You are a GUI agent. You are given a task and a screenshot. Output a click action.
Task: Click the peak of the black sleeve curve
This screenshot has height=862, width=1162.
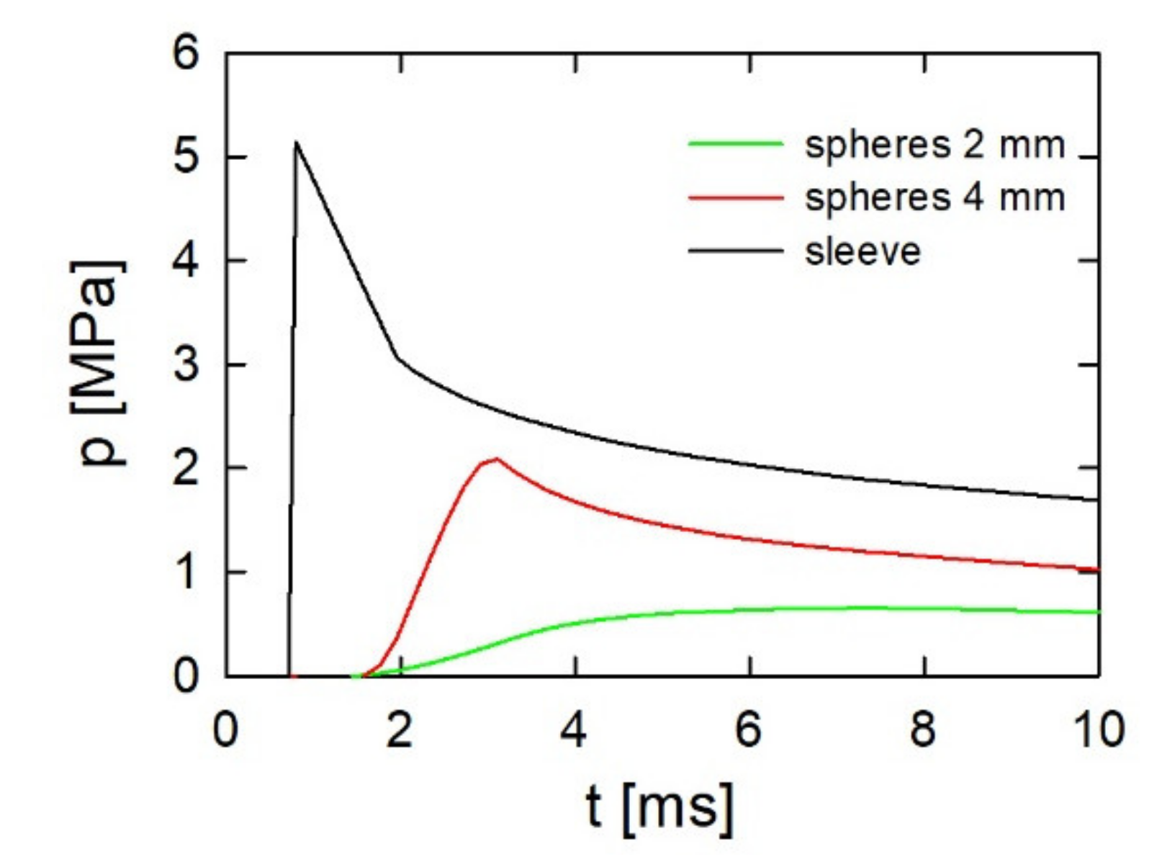[x=296, y=143]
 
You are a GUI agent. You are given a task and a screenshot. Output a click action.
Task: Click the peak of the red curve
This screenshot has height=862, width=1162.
[x=496, y=459]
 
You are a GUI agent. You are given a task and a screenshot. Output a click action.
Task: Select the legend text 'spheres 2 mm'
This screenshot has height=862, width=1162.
[x=934, y=145]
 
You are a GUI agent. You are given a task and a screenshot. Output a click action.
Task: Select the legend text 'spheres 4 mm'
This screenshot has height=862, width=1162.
[x=934, y=197]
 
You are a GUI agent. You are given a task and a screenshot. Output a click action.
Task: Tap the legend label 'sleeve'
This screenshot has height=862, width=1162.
[x=863, y=251]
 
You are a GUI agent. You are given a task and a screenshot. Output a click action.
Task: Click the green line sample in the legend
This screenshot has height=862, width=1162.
[x=735, y=144]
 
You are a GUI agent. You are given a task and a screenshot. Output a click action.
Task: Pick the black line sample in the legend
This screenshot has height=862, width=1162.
[x=735, y=251]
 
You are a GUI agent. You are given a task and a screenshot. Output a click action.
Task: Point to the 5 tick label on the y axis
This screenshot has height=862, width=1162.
[x=186, y=157]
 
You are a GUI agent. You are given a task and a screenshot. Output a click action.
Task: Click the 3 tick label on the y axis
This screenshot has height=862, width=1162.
[x=186, y=364]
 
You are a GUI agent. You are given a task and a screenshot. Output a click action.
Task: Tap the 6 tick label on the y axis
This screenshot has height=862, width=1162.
[x=186, y=53]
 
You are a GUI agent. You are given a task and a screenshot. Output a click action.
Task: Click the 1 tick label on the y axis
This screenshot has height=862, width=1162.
[x=186, y=573]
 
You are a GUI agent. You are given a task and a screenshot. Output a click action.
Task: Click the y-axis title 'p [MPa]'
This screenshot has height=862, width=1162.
[x=99, y=364]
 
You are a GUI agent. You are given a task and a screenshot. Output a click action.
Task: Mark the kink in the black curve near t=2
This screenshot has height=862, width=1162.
[x=397, y=357]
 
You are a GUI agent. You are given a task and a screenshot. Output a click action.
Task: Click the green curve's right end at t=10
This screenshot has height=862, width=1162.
[x=1097, y=612]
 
